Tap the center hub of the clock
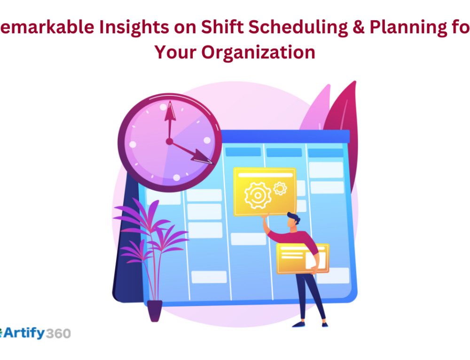[x=169, y=141]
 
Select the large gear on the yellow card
[x=258, y=193]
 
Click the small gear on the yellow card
[x=280, y=188]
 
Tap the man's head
[x=293, y=221]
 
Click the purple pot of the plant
[x=155, y=310]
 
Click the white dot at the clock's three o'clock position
[x=207, y=140]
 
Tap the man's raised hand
[x=266, y=218]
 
